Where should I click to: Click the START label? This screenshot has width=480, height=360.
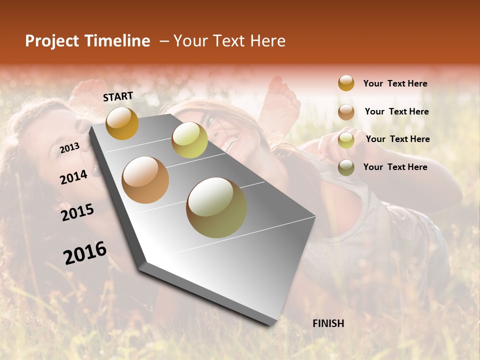118,96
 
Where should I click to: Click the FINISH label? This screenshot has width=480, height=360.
328,323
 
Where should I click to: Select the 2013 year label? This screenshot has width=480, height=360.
69,147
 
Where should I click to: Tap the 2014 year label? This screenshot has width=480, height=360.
73,177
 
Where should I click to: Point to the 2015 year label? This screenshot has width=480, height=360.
77,212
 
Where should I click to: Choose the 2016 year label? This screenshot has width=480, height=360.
84,253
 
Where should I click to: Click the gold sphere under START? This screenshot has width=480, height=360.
122,123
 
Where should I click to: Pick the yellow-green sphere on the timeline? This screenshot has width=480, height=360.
189,139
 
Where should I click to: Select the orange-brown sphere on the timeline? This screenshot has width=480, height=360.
145,179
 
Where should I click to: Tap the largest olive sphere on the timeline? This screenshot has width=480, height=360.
216,207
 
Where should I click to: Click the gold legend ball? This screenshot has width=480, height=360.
346,83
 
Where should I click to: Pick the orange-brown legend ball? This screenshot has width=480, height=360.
346,112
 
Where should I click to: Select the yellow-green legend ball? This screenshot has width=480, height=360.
346,140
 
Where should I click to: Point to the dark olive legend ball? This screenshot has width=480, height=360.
346,167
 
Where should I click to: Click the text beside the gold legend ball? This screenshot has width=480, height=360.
395,83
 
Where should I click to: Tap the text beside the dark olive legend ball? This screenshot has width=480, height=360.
395,167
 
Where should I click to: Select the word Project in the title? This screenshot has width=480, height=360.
52,41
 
